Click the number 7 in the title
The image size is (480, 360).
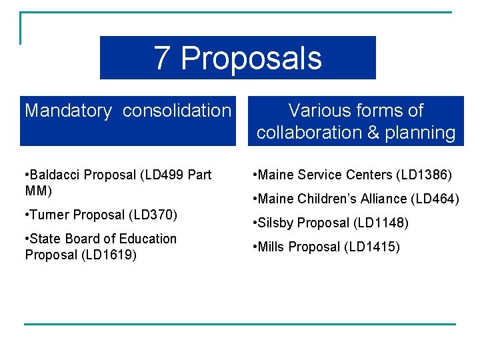tap(162, 58)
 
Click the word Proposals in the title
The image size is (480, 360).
tap(251, 59)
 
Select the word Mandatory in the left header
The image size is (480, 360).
tap(68, 111)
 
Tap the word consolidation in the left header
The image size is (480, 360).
tap(177, 111)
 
